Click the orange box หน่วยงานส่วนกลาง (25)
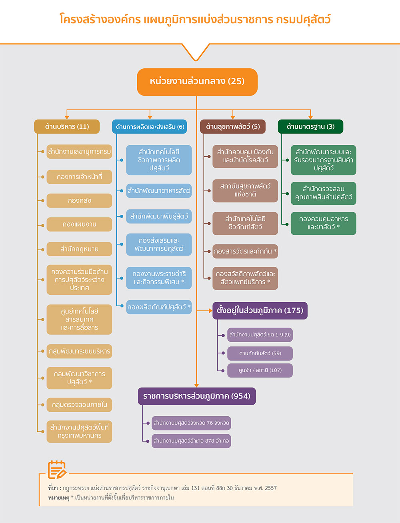point(197,82)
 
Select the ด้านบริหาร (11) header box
point(67,127)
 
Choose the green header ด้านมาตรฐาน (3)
point(310,127)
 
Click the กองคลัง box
point(79,201)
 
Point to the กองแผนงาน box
point(79,224)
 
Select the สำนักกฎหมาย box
point(79,249)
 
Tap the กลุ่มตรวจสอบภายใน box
point(79,405)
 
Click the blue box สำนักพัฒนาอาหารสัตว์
point(159,191)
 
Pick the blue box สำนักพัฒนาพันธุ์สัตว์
point(159,216)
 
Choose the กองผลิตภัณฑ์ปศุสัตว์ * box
point(159,307)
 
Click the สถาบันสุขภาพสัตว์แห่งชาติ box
point(245,190)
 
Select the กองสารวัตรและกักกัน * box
point(245,251)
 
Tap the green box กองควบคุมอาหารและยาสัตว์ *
point(323,223)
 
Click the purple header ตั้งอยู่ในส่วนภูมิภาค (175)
point(260,310)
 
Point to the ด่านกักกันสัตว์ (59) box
point(260,353)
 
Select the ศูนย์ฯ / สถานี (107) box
point(260,370)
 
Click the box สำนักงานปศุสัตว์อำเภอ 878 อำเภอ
point(191,441)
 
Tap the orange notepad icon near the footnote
point(57,469)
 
